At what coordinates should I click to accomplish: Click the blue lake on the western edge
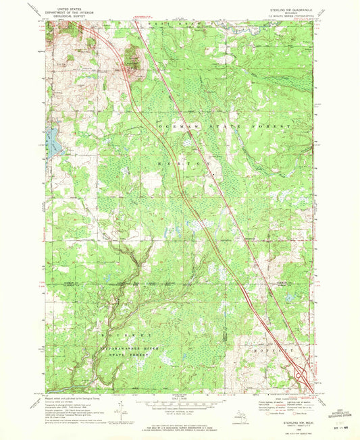[49, 140]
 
